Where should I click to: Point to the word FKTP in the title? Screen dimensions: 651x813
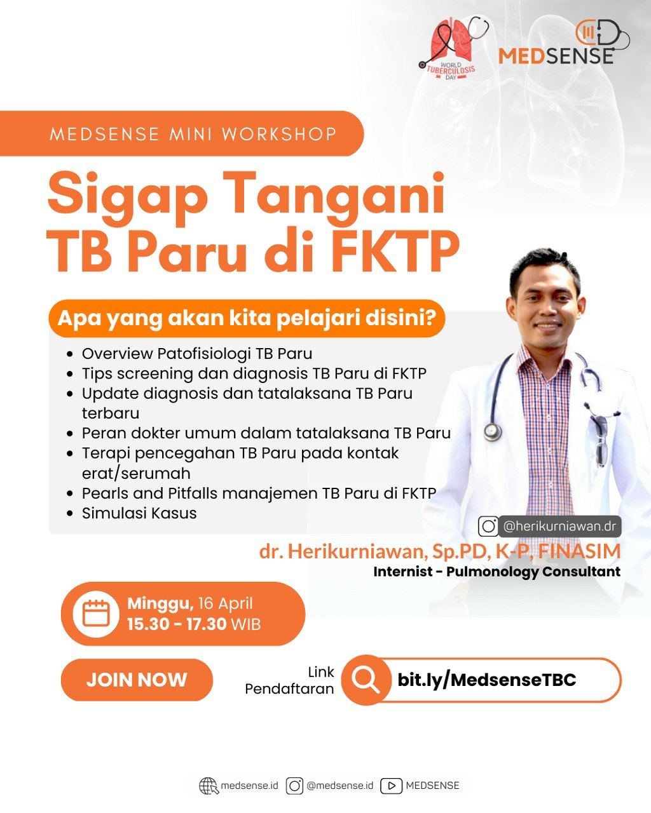pyautogui.click(x=397, y=250)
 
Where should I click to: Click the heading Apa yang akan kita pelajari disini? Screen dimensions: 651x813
pyautogui.click(x=246, y=318)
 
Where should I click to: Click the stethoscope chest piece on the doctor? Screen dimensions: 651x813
pyautogui.click(x=493, y=431)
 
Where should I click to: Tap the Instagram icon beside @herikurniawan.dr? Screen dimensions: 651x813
pyautogui.click(x=488, y=527)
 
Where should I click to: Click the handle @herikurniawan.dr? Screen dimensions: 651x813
pyautogui.click(x=559, y=526)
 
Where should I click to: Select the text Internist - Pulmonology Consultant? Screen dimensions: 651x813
pyautogui.click(x=497, y=571)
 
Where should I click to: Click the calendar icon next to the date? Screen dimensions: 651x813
pyautogui.click(x=96, y=614)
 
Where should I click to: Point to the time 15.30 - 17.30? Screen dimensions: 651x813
pyautogui.click(x=177, y=624)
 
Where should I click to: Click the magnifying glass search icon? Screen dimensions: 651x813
pyautogui.click(x=366, y=680)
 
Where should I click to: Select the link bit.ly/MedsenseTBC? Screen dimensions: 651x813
pyautogui.click(x=486, y=680)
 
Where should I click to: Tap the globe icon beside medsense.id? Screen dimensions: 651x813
pyautogui.click(x=209, y=786)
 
